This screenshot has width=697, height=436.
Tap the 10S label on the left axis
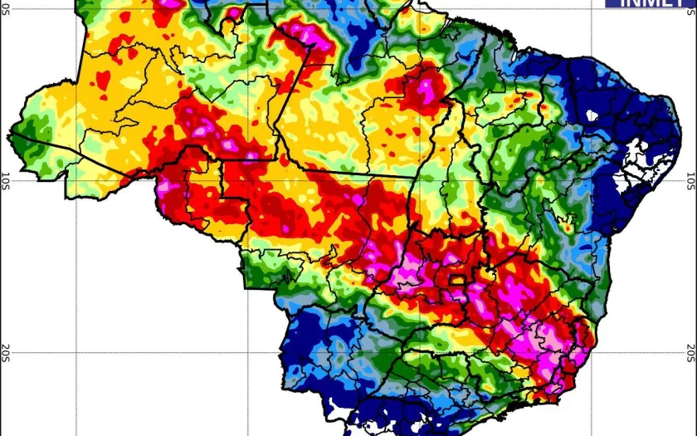coord(6,179)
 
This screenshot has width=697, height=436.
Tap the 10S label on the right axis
coord(691,179)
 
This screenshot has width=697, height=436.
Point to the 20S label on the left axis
coord(6,352)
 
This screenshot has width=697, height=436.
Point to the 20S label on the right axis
coord(691,352)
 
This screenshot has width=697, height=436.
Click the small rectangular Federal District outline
coord(457,281)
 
